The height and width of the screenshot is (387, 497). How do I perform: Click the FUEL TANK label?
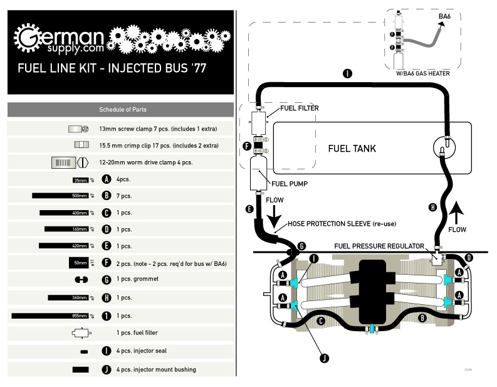(x=352, y=149)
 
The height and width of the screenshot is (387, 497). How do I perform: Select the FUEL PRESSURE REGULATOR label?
(x=380, y=246)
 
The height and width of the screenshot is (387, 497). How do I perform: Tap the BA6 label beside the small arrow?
(x=444, y=17)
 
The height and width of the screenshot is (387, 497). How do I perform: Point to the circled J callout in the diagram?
(x=324, y=358)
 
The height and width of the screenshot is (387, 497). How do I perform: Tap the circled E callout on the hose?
(x=249, y=209)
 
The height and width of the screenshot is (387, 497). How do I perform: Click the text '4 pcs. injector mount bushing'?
(x=155, y=369)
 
